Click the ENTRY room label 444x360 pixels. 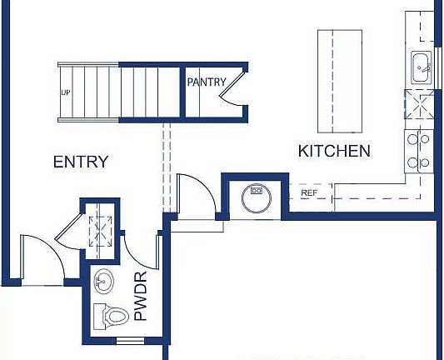tap(81, 162)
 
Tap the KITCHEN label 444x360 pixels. tap(334, 151)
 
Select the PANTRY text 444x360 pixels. tap(207, 82)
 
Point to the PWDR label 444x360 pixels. tap(140, 296)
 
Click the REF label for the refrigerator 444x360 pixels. tap(309, 193)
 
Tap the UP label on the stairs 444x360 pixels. tap(64, 92)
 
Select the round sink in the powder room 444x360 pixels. tap(105, 280)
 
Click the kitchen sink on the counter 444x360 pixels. tap(422, 65)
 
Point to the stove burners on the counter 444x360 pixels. tap(417, 151)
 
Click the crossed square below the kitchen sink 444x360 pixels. tap(419, 107)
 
